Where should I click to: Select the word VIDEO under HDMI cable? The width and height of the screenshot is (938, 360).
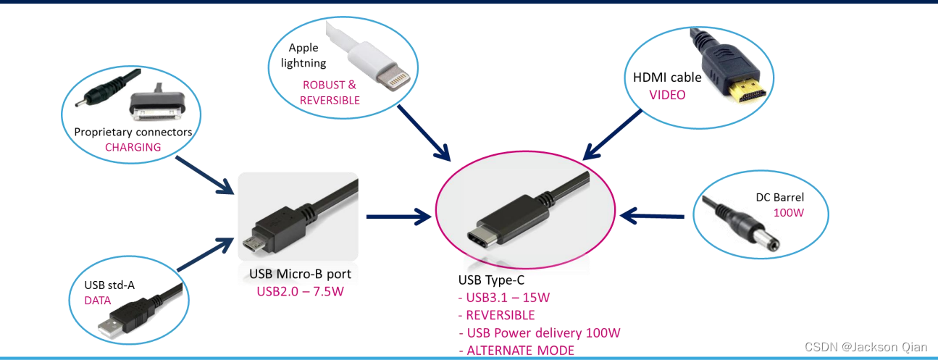point(667,95)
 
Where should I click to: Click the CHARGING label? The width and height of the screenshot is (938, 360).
point(133,147)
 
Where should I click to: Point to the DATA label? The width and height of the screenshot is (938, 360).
point(99,300)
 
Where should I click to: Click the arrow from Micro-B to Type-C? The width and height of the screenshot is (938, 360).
point(398,215)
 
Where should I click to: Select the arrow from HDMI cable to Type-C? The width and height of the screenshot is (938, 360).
point(613,133)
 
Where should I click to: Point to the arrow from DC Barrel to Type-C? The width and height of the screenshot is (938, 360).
point(653,215)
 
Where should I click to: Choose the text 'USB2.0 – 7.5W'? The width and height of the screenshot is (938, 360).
point(300,291)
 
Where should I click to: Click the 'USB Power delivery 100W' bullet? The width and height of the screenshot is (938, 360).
point(540,332)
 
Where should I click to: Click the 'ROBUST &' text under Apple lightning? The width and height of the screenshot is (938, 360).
point(329,85)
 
